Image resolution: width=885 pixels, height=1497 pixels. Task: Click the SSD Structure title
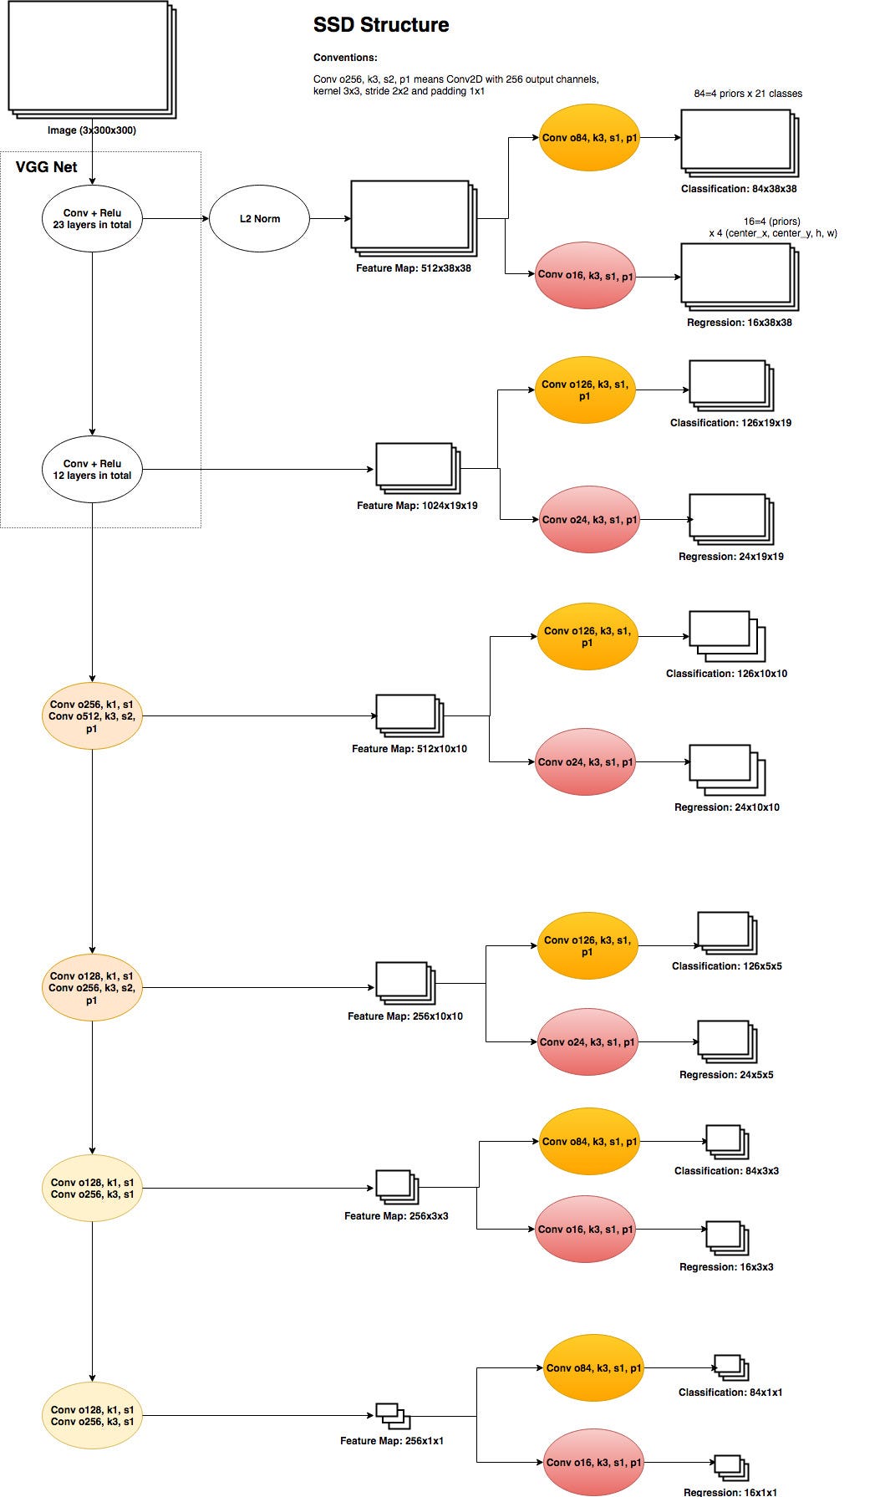(381, 25)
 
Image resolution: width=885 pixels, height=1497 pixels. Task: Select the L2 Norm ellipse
(259, 219)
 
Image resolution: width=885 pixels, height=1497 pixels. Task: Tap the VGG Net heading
(47, 167)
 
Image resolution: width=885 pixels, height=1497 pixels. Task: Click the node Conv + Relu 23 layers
(92, 219)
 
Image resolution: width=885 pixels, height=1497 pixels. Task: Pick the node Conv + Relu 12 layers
(92, 470)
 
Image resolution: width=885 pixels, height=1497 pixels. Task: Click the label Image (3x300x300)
(92, 130)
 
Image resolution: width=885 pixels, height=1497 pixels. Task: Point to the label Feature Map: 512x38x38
(413, 268)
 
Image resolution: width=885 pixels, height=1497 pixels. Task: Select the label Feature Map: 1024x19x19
(417, 506)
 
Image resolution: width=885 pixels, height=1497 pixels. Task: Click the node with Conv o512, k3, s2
(92, 716)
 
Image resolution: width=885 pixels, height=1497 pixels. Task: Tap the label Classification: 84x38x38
(739, 189)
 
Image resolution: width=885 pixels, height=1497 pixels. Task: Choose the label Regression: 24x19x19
(730, 557)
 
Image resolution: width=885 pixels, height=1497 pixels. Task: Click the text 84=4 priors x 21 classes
(747, 94)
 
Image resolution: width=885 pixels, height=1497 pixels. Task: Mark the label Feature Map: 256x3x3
(396, 1216)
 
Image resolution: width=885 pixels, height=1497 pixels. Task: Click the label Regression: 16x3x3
(726, 1267)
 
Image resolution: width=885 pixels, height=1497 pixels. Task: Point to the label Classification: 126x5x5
(726, 966)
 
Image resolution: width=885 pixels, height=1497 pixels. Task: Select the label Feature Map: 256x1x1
(391, 1441)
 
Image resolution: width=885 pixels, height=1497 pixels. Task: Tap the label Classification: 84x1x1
(730, 1393)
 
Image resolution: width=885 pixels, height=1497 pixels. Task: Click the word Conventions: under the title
(345, 59)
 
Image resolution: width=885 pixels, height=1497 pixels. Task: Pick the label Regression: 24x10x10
(726, 807)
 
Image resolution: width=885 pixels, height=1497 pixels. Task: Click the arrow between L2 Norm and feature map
(330, 219)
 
